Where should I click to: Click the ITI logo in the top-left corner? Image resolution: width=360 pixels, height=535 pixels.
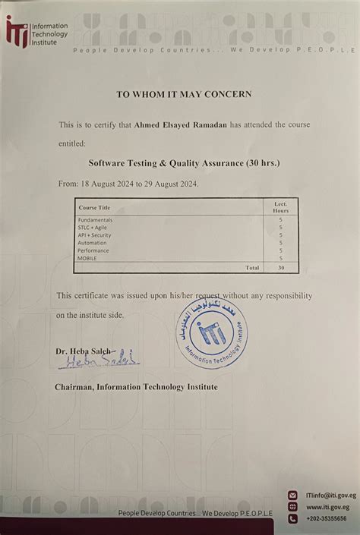tap(17, 33)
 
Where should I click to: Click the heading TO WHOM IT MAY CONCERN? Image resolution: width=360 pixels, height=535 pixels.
tap(183, 95)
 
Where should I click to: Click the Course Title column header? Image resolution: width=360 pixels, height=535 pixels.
tap(94, 207)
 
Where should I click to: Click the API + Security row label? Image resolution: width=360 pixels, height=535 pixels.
tap(95, 235)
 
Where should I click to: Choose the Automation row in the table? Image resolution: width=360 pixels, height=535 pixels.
tap(93, 243)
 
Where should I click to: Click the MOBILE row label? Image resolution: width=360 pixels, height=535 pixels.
tap(87, 259)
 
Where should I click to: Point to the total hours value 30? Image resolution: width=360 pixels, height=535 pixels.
tap(281, 268)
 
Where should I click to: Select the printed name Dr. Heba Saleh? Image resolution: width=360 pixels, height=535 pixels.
tap(83, 351)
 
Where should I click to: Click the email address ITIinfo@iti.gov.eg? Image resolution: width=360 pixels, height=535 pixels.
tap(328, 495)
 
